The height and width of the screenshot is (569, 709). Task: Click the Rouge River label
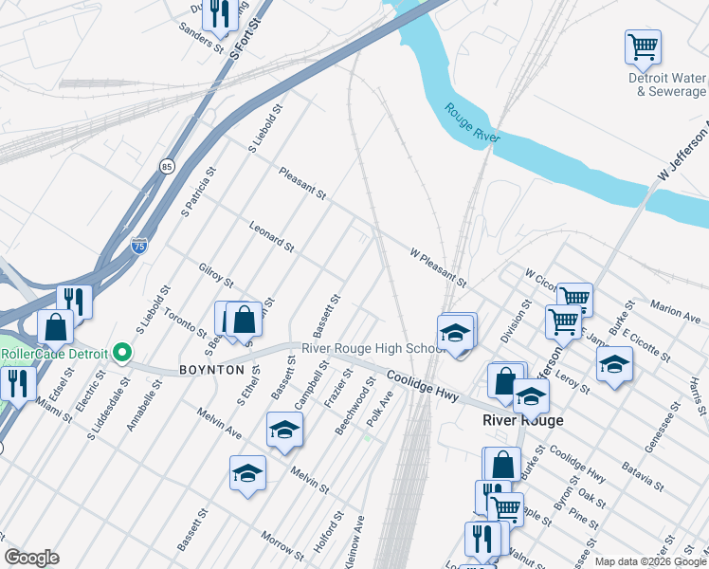tap(472, 124)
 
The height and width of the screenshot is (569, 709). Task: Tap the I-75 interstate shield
tap(138, 245)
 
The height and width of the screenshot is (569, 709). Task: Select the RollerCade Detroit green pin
tap(121, 354)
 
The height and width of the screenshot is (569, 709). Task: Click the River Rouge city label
tap(522, 420)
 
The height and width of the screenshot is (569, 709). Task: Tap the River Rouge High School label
tap(373, 348)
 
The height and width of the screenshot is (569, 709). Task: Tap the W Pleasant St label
tap(438, 268)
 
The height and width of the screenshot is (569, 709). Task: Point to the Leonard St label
tap(271, 236)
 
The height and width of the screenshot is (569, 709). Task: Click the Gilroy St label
tap(216, 276)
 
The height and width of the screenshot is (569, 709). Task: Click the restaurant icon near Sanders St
tap(219, 12)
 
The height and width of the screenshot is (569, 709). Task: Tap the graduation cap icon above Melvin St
tap(284, 429)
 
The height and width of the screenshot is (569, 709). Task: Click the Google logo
tap(31, 558)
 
